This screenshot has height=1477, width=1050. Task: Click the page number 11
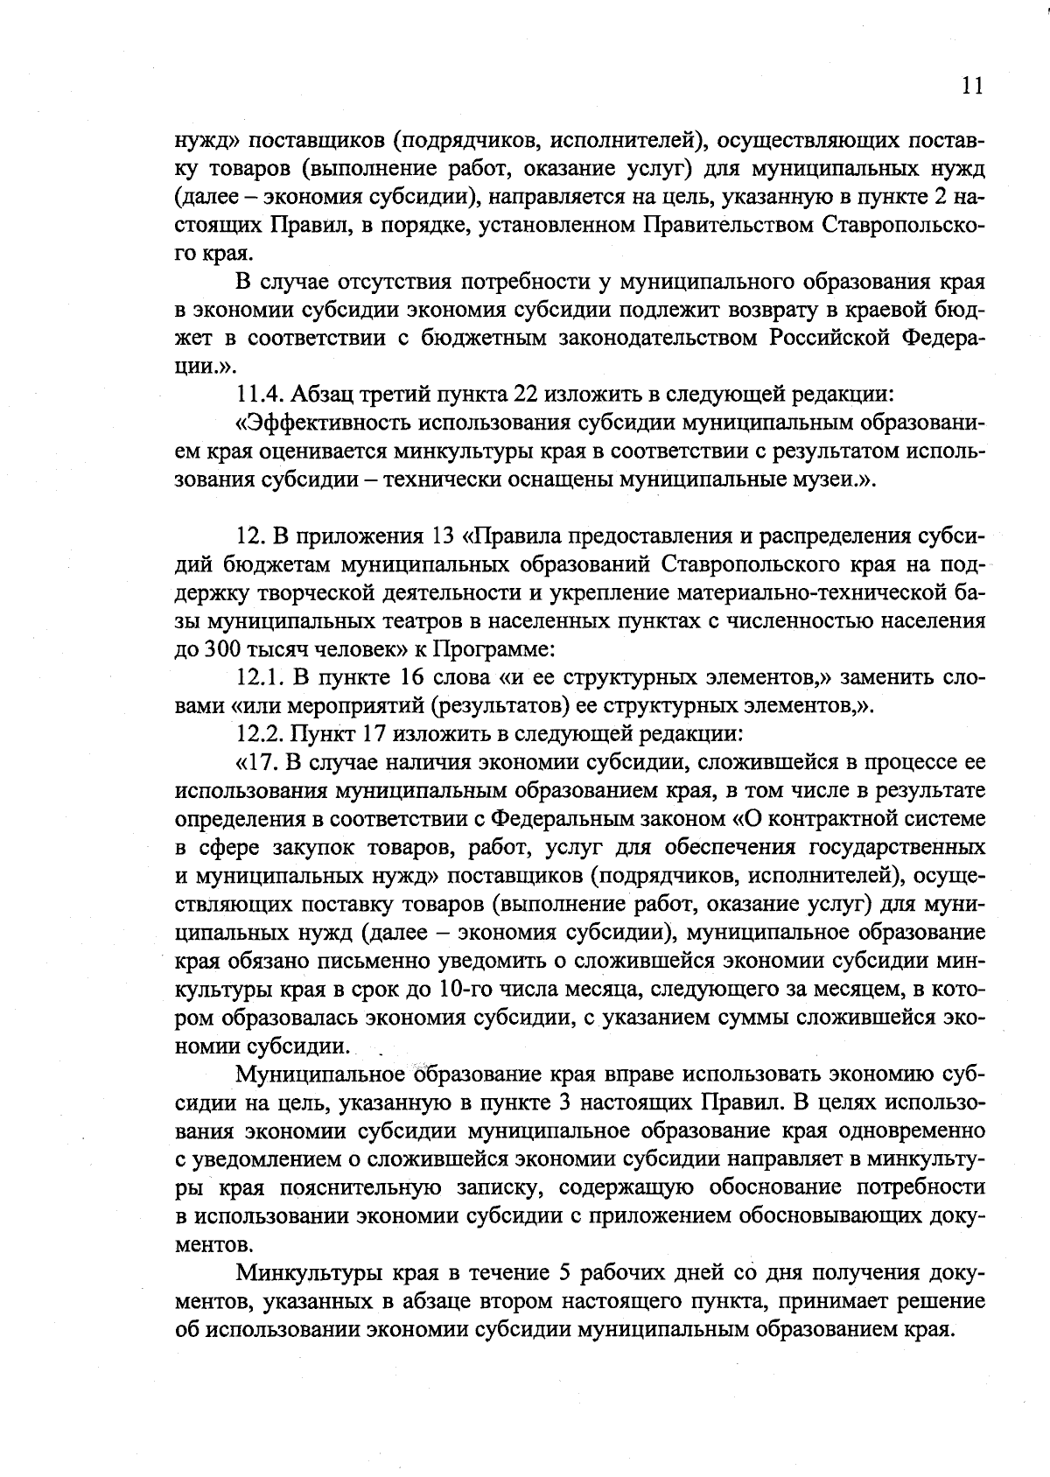[971, 85]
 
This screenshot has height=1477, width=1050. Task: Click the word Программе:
[494, 650]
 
